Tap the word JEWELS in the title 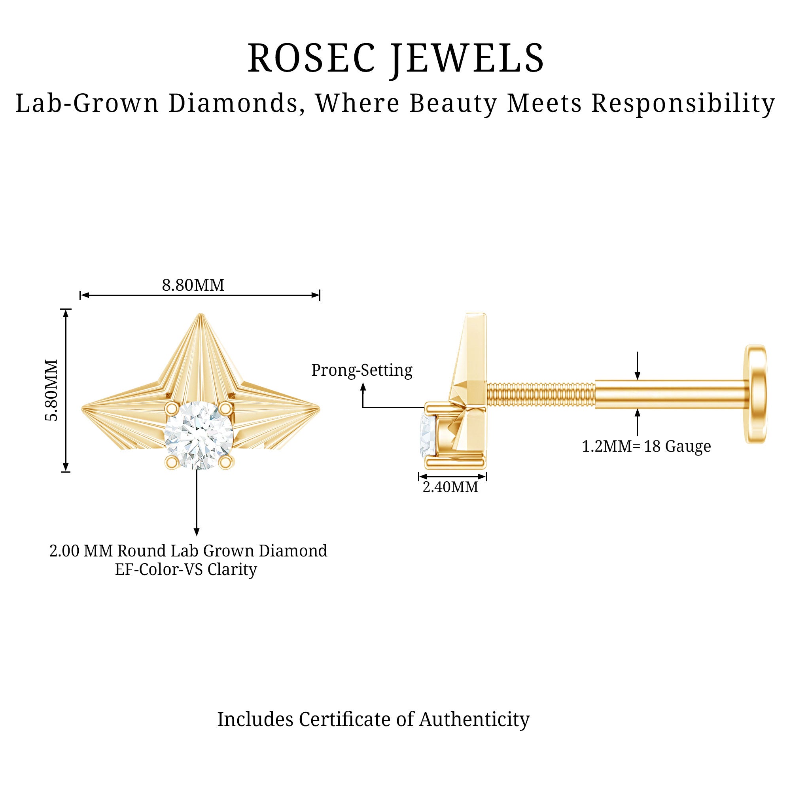pos(467,58)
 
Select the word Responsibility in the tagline pos(683,103)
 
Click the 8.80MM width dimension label pos(193,286)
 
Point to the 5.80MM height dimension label pos(52,390)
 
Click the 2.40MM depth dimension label pos(450,487)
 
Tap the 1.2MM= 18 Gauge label pos(647,446)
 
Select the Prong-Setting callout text pos(362,370)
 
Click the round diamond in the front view pos(199,435)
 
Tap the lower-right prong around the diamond pos(225,462)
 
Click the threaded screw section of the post pos(541,395)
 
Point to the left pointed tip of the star pos(83,408)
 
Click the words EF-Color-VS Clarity pos(186,570)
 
